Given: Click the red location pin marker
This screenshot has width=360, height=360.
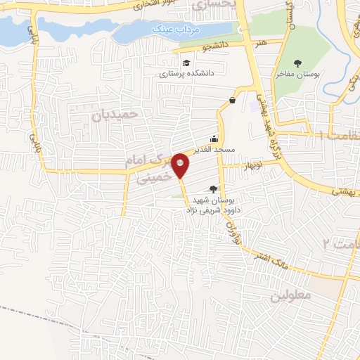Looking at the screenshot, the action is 181,165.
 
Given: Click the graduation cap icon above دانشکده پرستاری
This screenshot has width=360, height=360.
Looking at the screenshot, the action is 186,63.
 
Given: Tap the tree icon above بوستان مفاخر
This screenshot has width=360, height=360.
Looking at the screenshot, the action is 297,63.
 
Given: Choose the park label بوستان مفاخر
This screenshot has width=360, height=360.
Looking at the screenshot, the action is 297,73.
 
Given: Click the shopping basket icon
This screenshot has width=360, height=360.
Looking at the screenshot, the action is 232,100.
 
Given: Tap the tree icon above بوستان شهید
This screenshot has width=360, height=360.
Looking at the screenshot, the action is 214,188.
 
